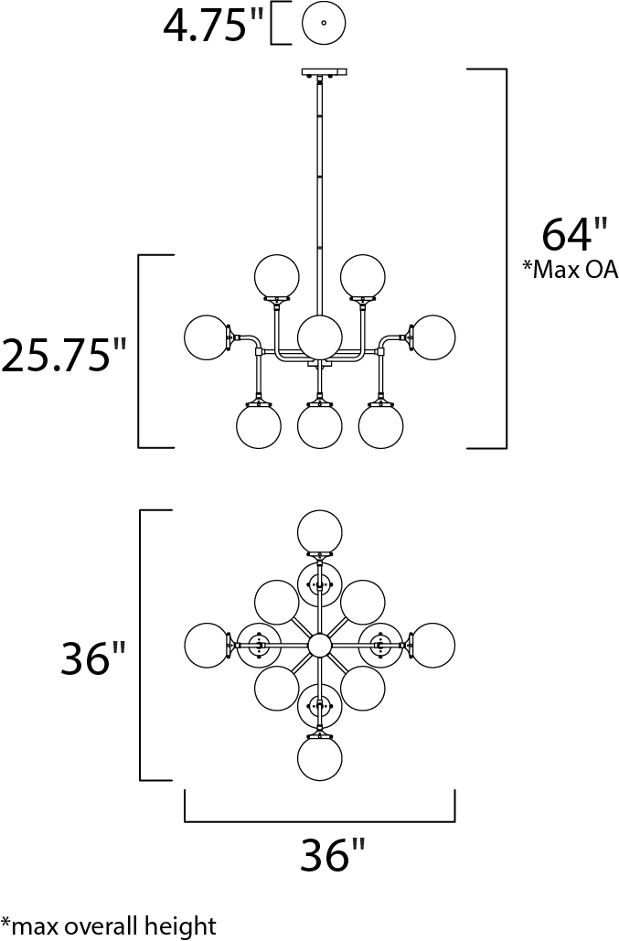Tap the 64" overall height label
pyautogui.click(x=568, y=234)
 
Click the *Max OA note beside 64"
pyautogui.click(x=570, y=271)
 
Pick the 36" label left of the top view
pyautogui.click(x=93, y=658)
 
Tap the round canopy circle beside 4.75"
pyautogui.click(x=324, y=24)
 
